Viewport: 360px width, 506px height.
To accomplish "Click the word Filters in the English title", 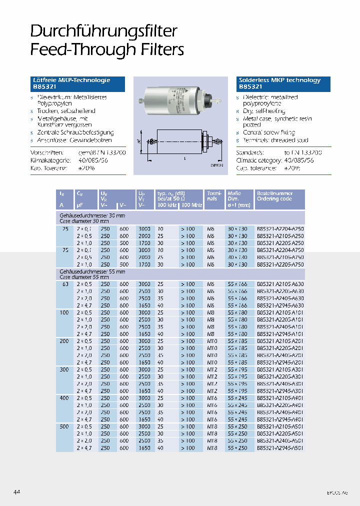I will (160, 49).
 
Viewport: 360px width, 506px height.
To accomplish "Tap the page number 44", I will (17, 492).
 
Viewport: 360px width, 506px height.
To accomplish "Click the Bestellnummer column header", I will (274, 193).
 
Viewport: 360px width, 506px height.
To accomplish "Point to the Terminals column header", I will (212, 195).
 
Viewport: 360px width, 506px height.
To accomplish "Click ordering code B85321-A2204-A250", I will (280, 228).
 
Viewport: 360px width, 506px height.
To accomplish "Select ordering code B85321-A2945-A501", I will (280, 448).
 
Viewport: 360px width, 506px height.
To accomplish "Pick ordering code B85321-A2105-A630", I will (280, 284).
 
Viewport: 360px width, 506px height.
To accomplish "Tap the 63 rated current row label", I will (63, 284).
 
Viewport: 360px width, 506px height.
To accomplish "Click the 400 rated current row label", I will (63, 398).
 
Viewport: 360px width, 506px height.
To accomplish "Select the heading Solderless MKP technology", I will (280, 80).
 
